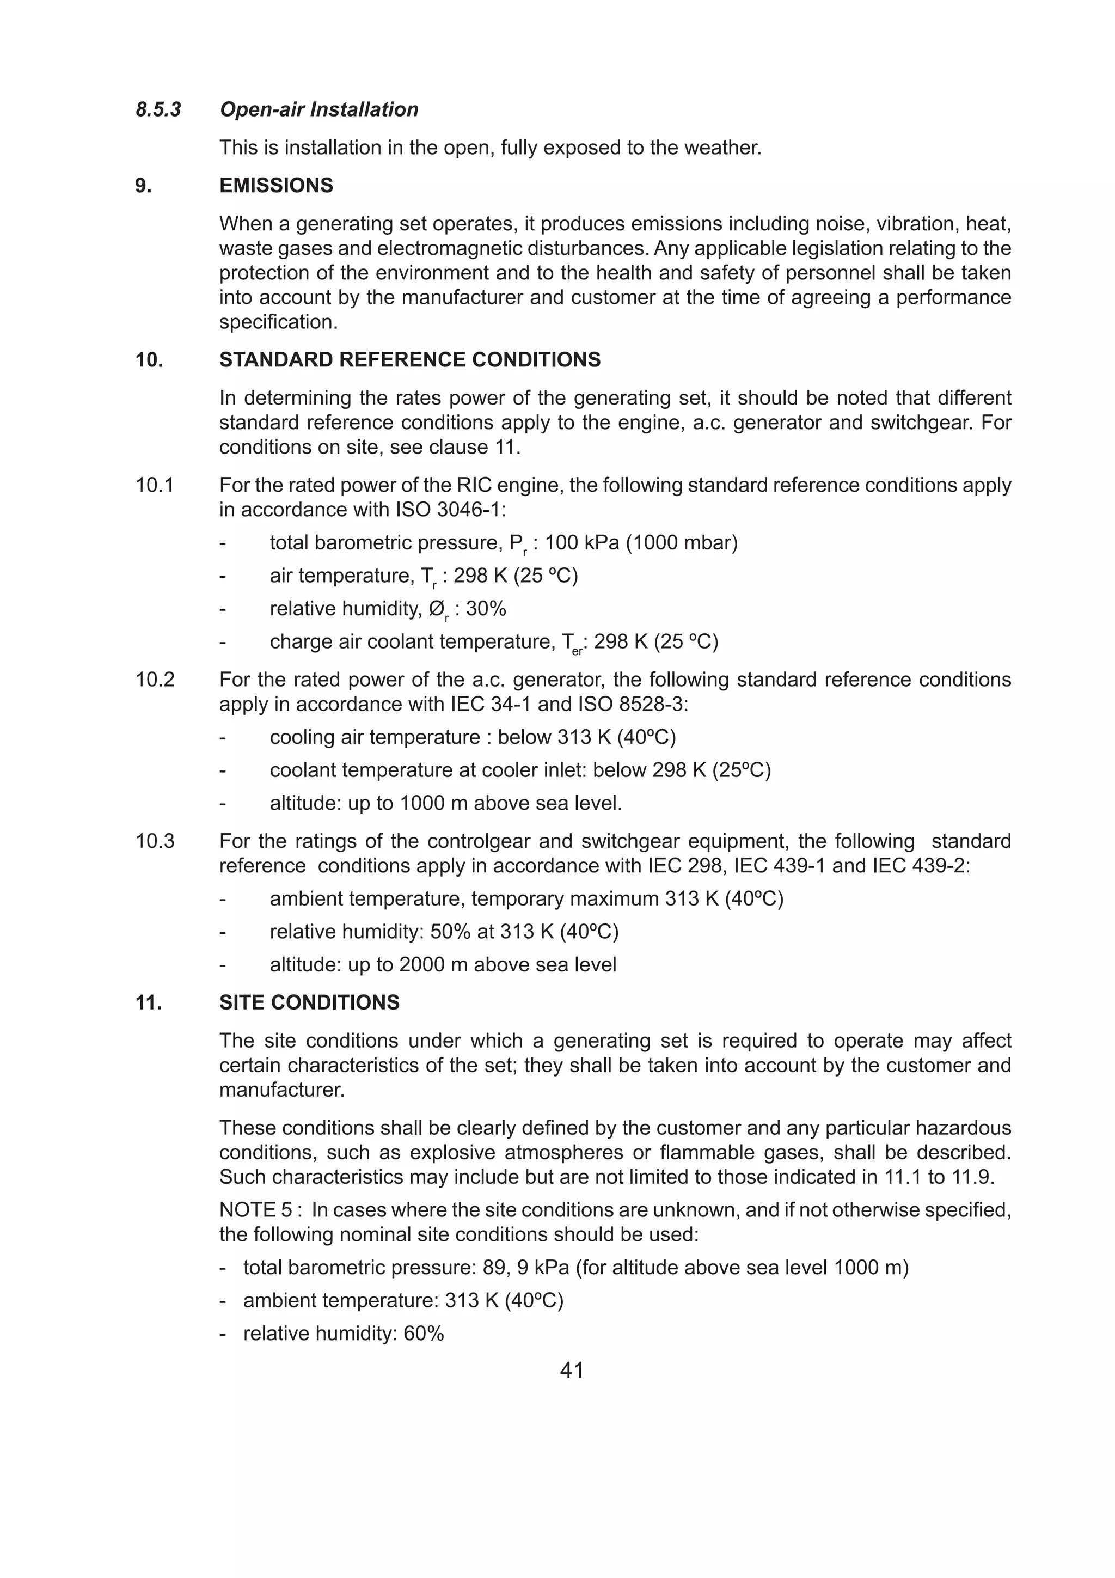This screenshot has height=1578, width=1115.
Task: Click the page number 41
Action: point(572,1370)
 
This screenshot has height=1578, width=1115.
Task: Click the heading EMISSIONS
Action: point(276,186)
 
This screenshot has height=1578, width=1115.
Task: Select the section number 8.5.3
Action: point(158,109)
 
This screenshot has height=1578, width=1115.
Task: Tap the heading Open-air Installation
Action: point(319,109)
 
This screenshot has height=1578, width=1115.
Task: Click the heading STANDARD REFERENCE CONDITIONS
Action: point(409,359)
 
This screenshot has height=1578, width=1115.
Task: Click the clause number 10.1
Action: point(155,485)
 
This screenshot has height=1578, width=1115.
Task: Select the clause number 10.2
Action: point(155,680)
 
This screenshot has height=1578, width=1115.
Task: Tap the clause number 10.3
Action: point(155,841)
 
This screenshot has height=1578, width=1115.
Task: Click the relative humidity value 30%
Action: point(486,609)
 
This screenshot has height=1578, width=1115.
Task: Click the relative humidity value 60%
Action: point(424,1334)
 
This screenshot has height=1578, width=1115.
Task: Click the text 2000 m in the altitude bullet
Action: point(422,964)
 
